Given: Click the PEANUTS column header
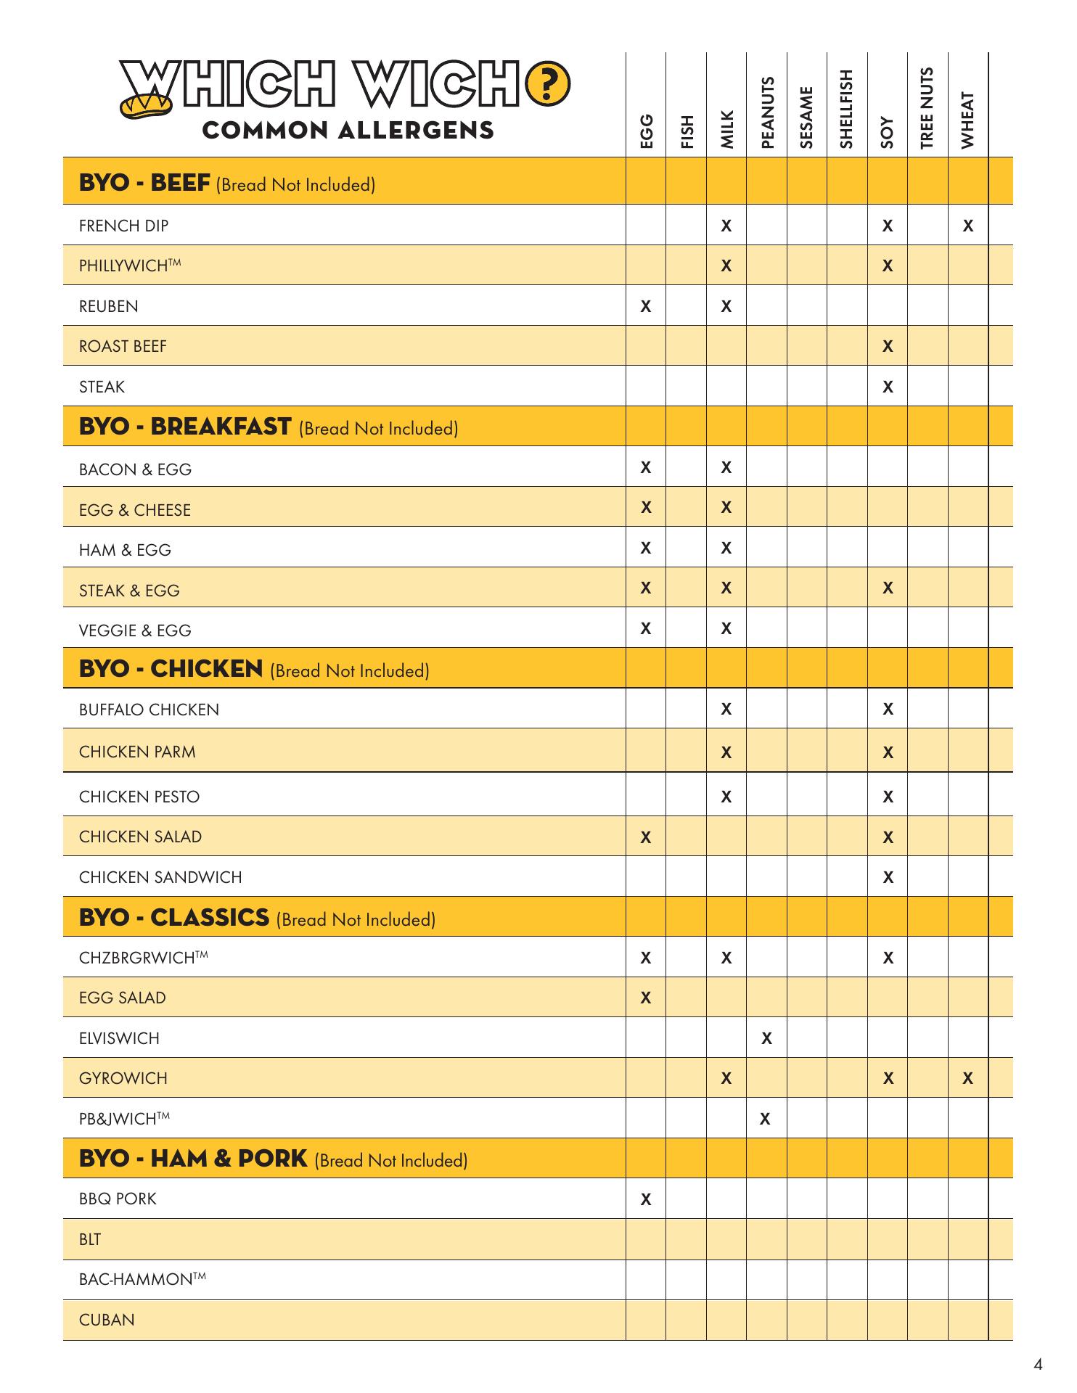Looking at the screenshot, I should pos(766,112).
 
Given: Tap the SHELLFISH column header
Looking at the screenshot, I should pos(846,110).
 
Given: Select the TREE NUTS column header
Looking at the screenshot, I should pos(927,108).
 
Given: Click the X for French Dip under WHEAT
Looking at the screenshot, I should pos(967,226).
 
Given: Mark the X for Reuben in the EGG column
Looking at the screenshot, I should pos(645,306).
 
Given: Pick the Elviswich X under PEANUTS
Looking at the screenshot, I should pos(766,1038).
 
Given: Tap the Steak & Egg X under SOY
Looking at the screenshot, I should pos(887,588).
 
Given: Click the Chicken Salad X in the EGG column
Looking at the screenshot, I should pos(645,837).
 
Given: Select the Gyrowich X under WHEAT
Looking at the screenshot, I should pos(967,1079).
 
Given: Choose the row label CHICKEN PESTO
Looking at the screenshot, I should pos(139,797).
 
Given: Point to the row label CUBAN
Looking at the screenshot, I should pos(107,1320).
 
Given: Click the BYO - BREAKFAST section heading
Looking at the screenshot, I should pos(185,427).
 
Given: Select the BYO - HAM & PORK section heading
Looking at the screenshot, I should pos(193,1159).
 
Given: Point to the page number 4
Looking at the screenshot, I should pos(1038,1365).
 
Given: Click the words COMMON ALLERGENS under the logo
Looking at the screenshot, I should pos(348,131).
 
